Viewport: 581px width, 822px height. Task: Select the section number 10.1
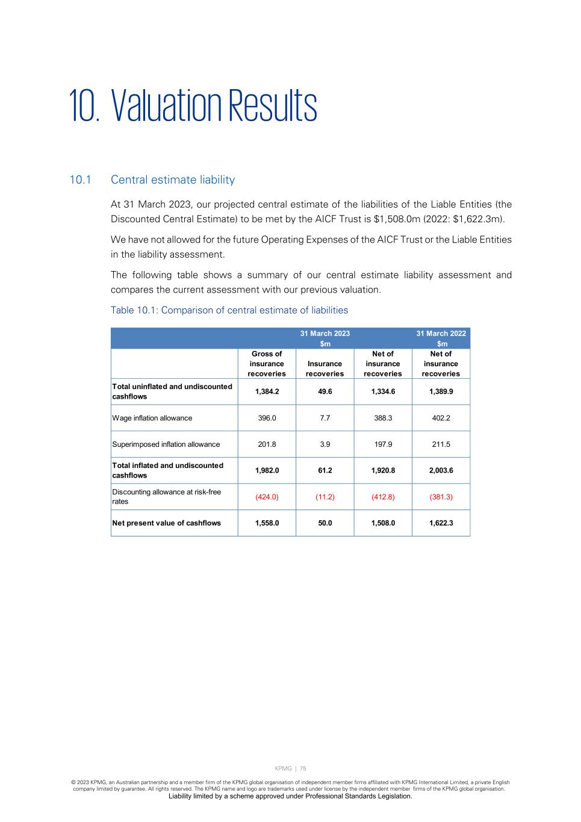79,180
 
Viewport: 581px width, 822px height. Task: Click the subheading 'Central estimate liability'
173,180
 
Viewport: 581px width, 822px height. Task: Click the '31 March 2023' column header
325,333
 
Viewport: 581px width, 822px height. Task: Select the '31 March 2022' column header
441,333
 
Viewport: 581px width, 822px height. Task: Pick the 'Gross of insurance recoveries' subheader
267,364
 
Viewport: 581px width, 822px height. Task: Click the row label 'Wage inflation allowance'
152,418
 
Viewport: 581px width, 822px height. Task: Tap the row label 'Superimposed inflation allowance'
166,444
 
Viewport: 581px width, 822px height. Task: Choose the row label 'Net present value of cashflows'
167,523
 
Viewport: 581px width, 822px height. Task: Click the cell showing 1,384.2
267,391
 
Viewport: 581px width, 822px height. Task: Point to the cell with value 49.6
325,391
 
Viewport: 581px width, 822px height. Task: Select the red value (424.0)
267,497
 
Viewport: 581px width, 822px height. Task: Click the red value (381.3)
441,497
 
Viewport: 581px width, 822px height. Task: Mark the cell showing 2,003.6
441,470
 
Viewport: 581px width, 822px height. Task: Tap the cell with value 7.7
325,418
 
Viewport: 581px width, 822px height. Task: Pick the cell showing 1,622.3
441,523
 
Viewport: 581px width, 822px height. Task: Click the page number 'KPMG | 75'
290,768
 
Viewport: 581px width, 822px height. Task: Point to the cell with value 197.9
383,444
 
